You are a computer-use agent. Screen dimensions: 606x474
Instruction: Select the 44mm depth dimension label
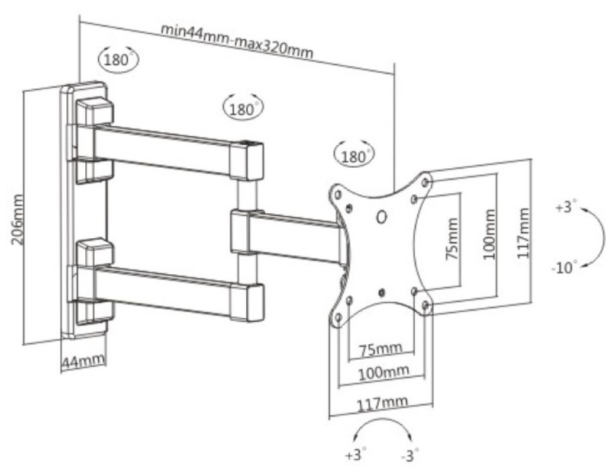click(x=83, y=361)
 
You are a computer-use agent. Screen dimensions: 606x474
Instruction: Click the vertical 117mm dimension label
click(x=523, y=233)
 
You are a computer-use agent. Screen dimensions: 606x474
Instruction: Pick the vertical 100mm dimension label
click(x=489, y=234)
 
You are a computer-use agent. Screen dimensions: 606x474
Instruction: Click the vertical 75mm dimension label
click(x=452, y=239)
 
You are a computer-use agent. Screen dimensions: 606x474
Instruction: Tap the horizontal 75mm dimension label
click(x=381, y=350)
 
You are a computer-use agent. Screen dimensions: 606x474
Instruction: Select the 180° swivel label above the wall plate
click(x=118, y=59)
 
